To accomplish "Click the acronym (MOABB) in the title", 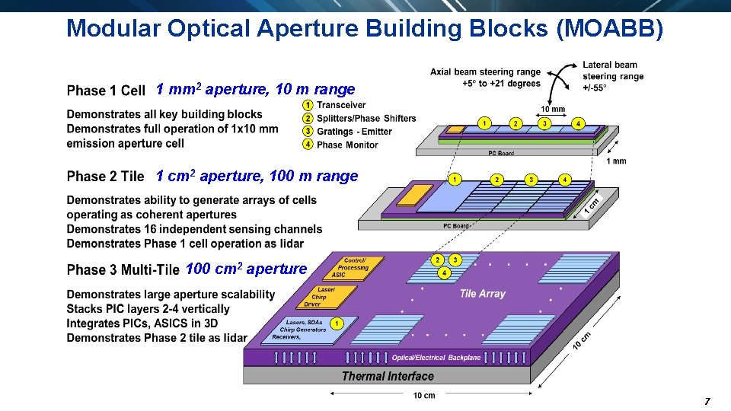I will click(x=611, y=29).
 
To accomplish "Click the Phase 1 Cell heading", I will click(x=106, y=91).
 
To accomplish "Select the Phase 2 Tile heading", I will click(x=105, y=177).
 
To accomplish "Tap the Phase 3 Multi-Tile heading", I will click(x=123, y=270).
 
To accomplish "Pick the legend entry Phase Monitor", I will click(x=347, y=145).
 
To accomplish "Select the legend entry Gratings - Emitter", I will click(x=354, y=132).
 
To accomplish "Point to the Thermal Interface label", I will click(x=388, y=376).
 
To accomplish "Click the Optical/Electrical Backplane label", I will click(x=436, y=358).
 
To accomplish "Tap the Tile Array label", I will click(x=482, y=293).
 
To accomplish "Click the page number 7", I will click(x=707, y=401).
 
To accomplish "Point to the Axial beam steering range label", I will click(x=485, y=78).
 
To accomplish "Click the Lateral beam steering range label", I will click(x=612, y=75).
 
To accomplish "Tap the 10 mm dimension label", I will click(x=553, y=109).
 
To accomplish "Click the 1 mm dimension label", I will click(x=617, y=161).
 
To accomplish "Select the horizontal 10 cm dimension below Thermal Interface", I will click(x=424, y=396).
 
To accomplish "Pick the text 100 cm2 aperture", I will click(x=246, y=269).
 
